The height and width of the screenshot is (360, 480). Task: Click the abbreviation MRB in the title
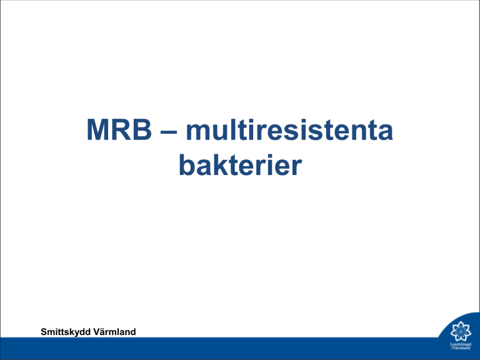119,129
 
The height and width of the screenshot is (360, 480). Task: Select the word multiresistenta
289,129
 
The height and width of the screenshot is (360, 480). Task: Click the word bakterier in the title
240,164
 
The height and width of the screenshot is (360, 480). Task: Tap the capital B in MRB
142,129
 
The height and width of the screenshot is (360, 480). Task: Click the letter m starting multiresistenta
199,132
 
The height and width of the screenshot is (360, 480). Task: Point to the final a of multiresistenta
385,132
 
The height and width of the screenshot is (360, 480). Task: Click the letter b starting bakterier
187,164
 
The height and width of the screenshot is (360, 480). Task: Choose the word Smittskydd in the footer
66,332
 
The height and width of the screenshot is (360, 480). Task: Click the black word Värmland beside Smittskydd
114,331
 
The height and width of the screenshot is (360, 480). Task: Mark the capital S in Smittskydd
44,332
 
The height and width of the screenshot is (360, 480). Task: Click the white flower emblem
461,331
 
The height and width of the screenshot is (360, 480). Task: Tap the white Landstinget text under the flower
461,344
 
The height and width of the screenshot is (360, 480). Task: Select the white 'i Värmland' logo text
461,347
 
